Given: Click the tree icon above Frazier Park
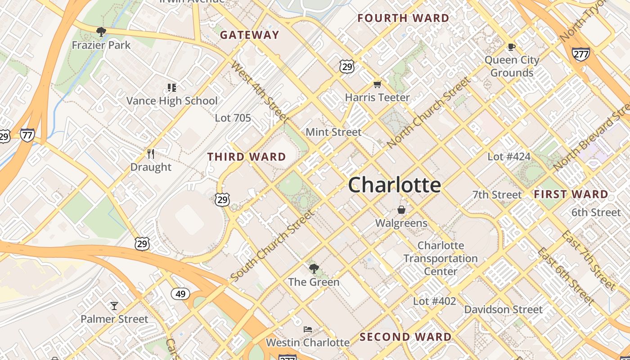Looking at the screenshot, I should [x=101, y=31].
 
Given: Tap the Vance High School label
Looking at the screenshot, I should [x=172, y=101].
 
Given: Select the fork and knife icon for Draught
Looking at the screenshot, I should [x=151, y=154].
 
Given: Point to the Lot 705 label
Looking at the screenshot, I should [x=233, y=118].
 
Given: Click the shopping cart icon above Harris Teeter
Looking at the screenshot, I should [x=378, y=85].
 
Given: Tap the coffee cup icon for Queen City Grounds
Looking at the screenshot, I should [x=511, y=47].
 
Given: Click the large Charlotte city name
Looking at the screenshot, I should [x=394, y=185].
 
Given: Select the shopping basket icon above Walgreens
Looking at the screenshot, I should [x=401, y=210].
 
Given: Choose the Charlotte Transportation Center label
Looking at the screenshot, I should [x=441, y=258].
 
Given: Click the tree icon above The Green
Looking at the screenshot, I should [x=314, y=269].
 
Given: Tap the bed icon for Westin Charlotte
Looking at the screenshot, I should [x=308, y=329].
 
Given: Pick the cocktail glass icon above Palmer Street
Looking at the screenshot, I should [x=114, y=306].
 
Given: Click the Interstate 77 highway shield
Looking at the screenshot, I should [x=27, y=135].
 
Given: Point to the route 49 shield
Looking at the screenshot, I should [x=180, y=294].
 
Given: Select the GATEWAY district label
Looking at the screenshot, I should [x=250, y=35].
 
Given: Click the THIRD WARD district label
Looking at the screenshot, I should [x=247, y=157].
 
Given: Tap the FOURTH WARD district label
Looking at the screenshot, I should [x=403, y=18].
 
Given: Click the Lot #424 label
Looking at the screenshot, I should [x=509, y=157].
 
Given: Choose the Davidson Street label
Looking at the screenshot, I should [x=503, y=310].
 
